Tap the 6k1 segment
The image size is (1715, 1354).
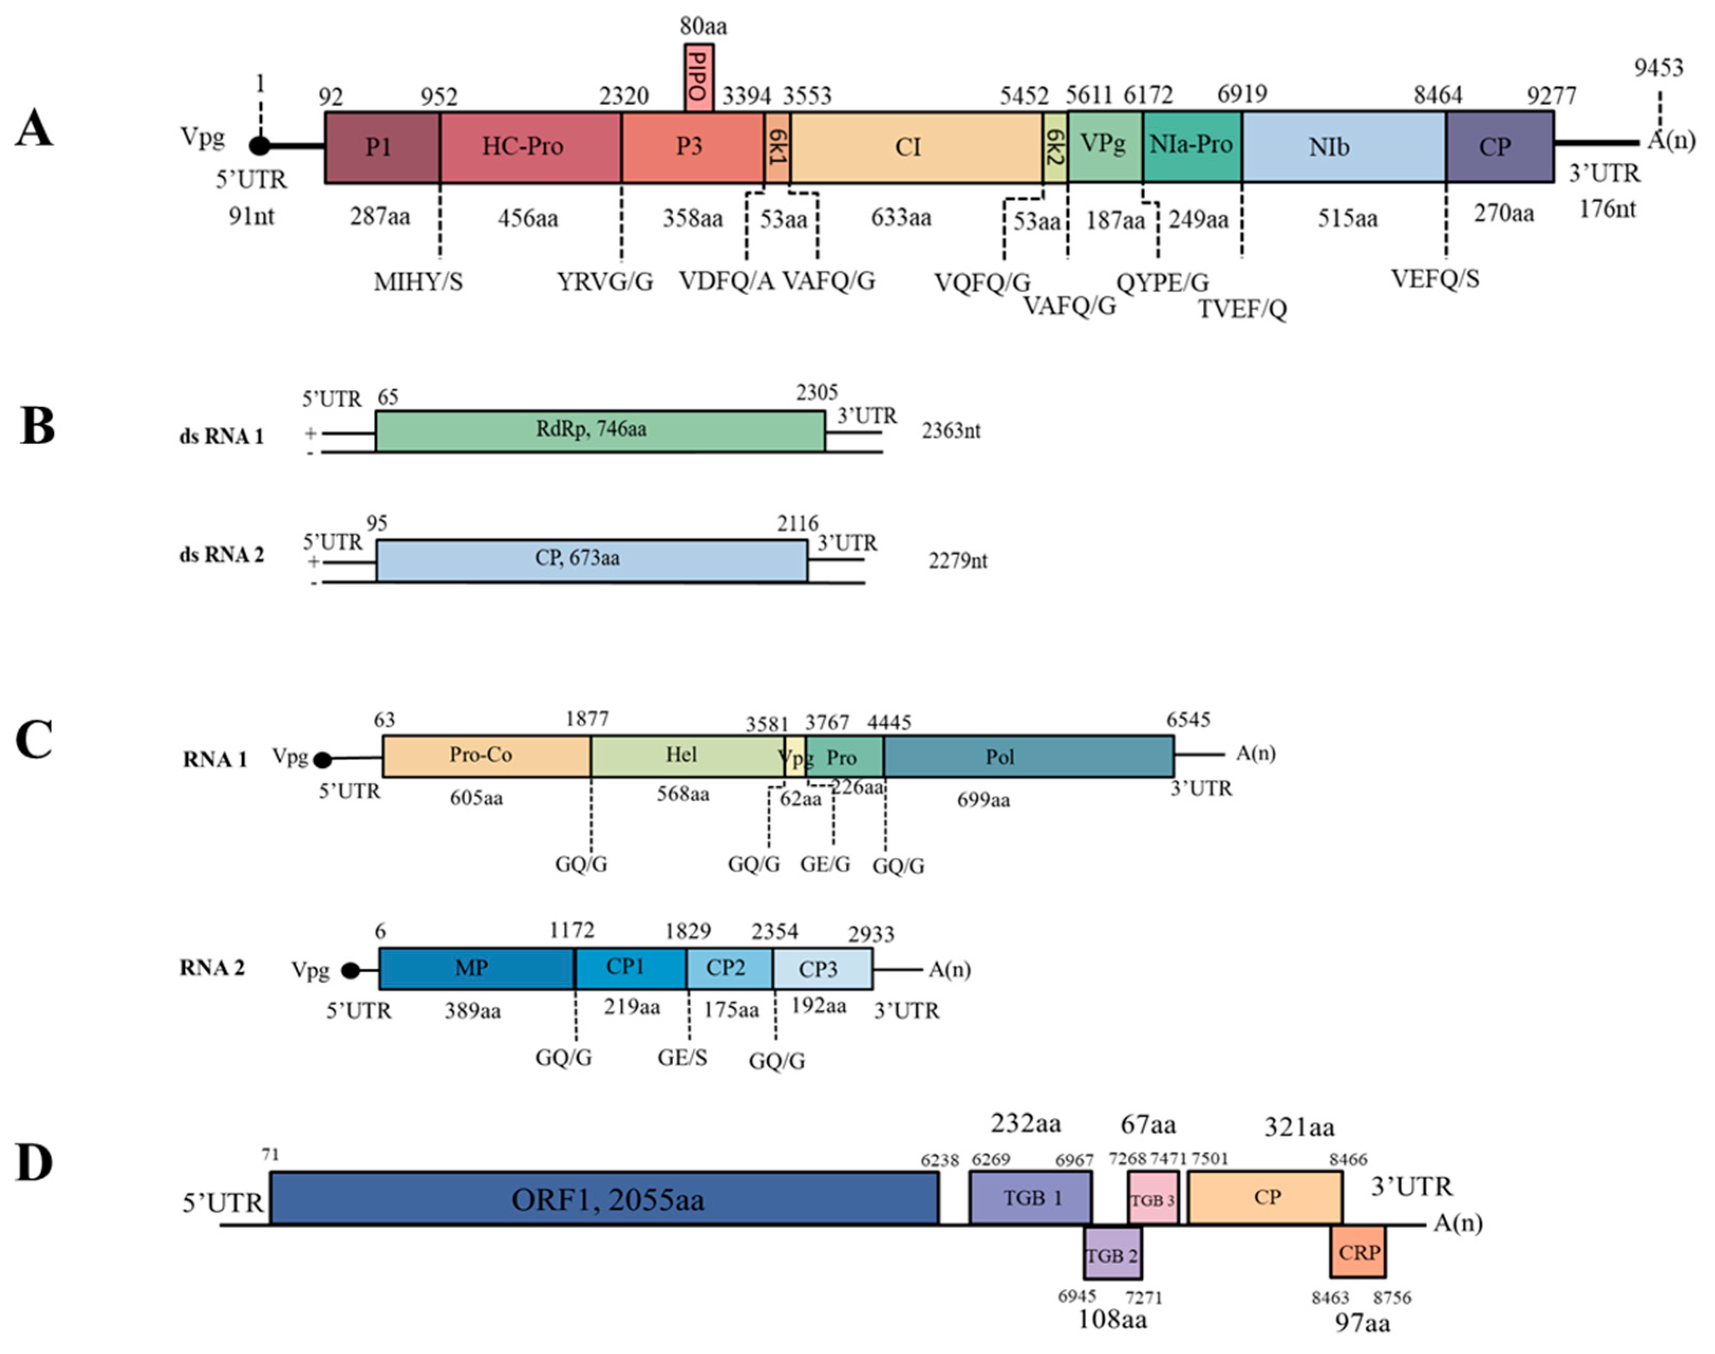[x=777, y=147]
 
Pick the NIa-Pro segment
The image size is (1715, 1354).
[x=1191, y=146]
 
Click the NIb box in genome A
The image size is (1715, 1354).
[x=1343, y=147]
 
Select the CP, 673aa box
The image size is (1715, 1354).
[x=591, y=560]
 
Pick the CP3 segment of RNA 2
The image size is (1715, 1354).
[x=822, y=968]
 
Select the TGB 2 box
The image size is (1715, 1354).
[x=1112, y=1255]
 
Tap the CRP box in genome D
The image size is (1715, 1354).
[x=1358, y=1253]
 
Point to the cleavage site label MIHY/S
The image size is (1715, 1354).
[x=418, y=282]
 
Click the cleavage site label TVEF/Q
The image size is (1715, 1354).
[x=1242, y=309]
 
